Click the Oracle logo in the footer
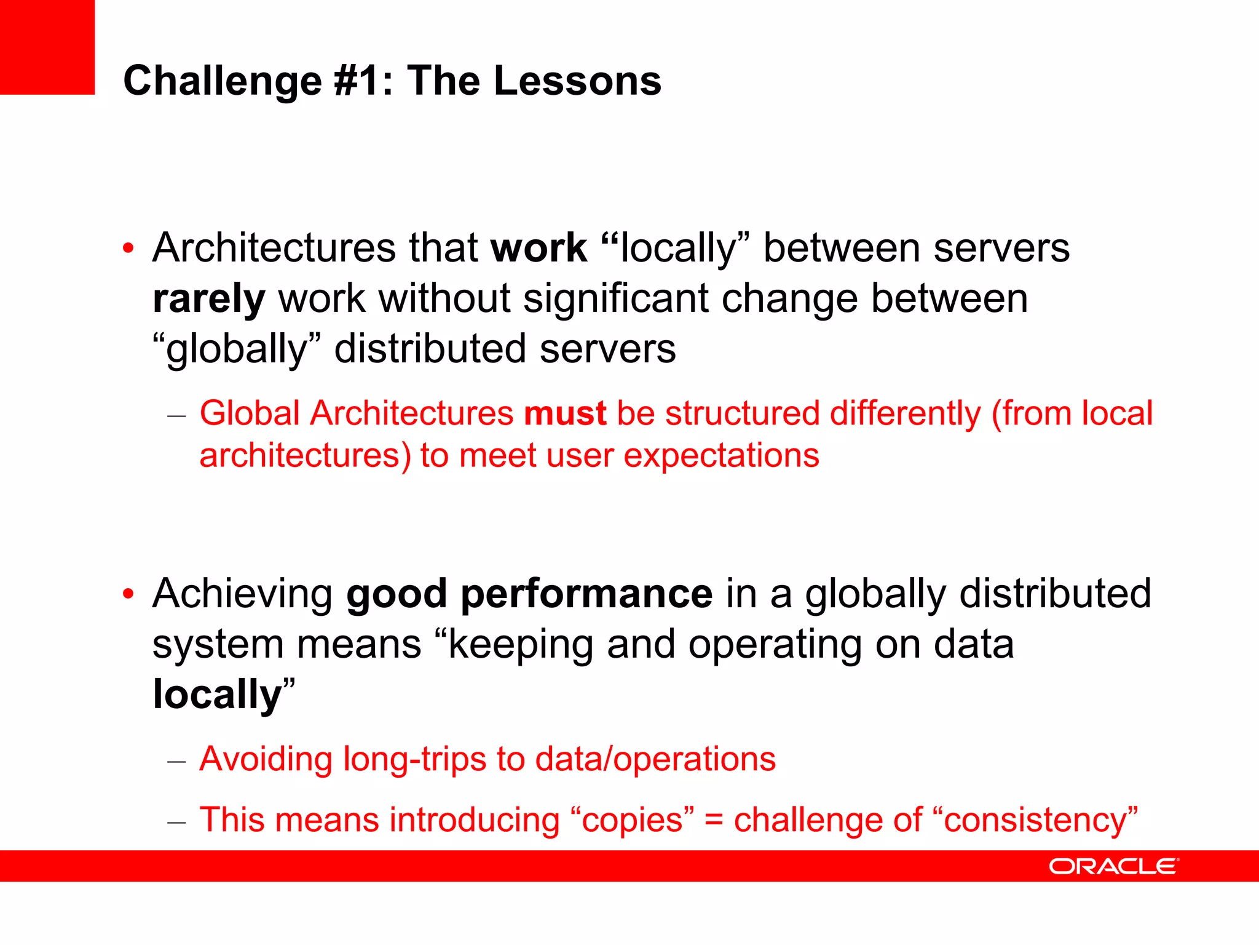[x=1113, y=866]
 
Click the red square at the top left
[x=47, y=47]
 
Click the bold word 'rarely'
[x=208, y=300]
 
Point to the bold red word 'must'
[x=564, y=413]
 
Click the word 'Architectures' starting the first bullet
[x=274, y=249]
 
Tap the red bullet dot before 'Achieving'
[x=128, y=594]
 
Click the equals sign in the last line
[x=713, y=821]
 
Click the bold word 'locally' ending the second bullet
[x=216, y=695]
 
